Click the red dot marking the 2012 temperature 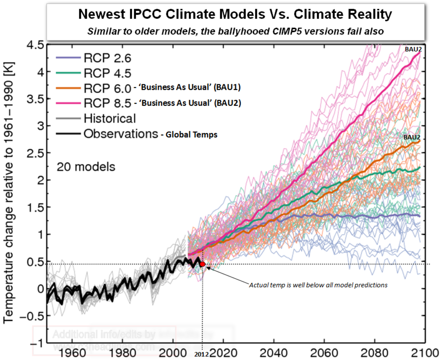pos(202,264)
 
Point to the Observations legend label pos(120,134)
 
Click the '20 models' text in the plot pos(85,167)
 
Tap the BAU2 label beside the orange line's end pos(412,137)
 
